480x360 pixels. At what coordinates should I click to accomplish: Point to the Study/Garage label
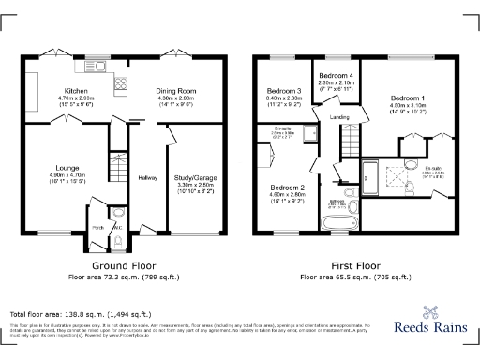coord(196,178)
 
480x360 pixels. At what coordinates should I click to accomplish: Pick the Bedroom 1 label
coord(408,97)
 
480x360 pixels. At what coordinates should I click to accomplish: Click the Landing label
coord(340,117)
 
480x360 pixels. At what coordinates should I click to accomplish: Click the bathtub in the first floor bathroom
coord(336,223)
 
